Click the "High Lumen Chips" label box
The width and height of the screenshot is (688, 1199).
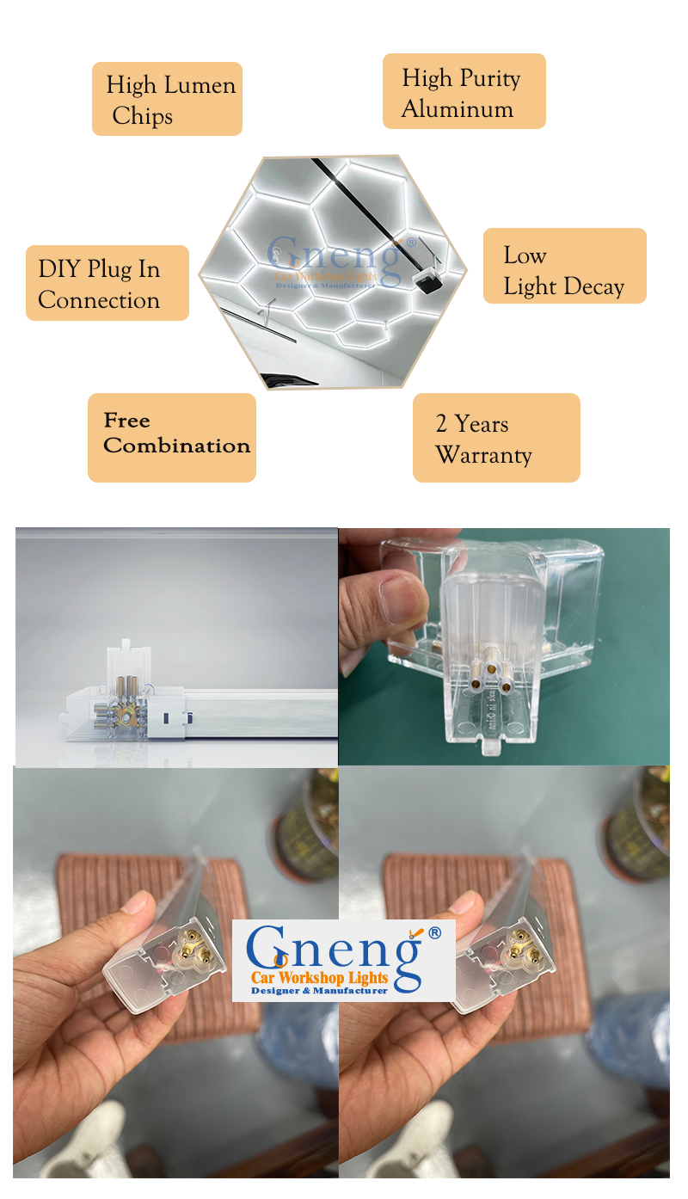(167, 99)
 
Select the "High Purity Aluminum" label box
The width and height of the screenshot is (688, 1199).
(464, 91)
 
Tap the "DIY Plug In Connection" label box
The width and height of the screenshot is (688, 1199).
(107, 283)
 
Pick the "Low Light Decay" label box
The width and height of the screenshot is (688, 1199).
(564, 266)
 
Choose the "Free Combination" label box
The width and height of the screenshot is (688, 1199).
(172, 437)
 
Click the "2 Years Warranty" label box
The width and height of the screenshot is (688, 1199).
(496, 437)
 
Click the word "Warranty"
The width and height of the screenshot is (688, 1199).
(483, 455)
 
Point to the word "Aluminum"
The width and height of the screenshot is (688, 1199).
(458, 109)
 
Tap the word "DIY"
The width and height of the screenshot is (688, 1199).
(58, 268)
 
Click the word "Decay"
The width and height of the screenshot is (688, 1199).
(594, 287)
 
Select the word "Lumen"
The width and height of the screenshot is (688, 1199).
(200, 85)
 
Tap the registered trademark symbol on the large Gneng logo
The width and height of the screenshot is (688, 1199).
(435, 933)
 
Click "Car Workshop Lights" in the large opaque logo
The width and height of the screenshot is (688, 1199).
(319, 978)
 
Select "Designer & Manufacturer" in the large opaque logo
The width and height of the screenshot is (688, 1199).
(319, 991)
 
